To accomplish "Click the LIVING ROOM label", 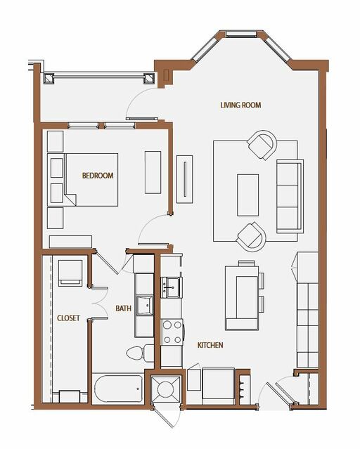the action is tap(240, 105).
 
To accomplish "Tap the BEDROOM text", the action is tap(98, 176).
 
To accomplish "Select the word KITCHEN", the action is tap(210, 345).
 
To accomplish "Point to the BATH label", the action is tap(123, 308).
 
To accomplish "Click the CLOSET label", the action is tap(68, 318).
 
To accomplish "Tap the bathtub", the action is tap(118, 389).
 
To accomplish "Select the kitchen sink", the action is tap(171, 287).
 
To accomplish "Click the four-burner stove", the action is tap(172, 332).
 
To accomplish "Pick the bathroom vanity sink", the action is tap(144, 306).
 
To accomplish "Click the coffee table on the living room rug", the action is tap(248, 195).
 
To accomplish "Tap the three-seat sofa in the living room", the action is tap(290, 196).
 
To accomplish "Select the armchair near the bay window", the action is tap(262, 145).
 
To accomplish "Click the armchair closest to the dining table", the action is tap(251, 237).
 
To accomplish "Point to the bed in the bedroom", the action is tap(82, 180).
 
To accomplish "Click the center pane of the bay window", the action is tap(240, 34).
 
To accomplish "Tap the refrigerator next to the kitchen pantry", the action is tap(219, 384).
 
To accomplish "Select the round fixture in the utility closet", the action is tap(166, 389).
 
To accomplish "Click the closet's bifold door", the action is tap(99, 302).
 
